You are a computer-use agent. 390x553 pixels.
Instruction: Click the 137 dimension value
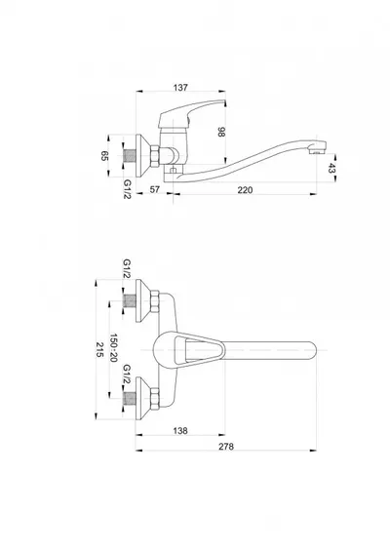point(180,87)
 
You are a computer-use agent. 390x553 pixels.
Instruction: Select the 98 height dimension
point(221,133)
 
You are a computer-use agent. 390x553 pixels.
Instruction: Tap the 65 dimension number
point(104,155)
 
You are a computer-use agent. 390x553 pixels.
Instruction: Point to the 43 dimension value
point(331,168)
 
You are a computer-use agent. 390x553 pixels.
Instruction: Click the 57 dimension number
point(155,189)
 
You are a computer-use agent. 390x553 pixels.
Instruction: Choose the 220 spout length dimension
point(245,190)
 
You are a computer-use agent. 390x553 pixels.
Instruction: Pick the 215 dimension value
point(99,349)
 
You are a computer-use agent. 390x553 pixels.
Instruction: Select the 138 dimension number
point(180,431)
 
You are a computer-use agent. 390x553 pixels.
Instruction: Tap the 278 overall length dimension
point(226,447)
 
